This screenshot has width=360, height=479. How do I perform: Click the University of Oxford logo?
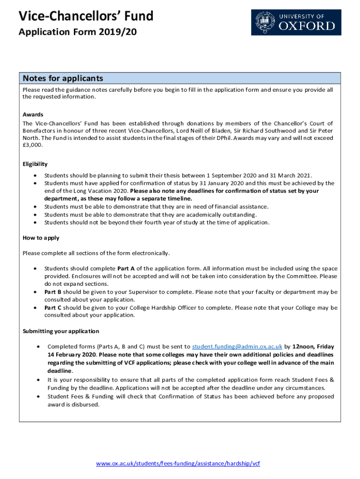296,22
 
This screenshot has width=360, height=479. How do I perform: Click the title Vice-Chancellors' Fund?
86,16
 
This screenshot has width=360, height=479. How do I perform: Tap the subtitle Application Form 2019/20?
78,32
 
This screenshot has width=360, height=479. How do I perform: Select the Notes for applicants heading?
63,78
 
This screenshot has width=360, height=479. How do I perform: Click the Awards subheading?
33,114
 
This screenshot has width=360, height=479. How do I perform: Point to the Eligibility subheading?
35,164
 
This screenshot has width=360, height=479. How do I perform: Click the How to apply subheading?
41,238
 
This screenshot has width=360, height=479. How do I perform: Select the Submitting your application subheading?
61,331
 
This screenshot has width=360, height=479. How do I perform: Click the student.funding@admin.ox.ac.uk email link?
237,347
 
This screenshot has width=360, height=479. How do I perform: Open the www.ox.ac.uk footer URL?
178,464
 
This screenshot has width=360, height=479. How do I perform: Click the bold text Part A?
126,269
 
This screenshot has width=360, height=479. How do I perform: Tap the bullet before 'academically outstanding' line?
36,215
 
